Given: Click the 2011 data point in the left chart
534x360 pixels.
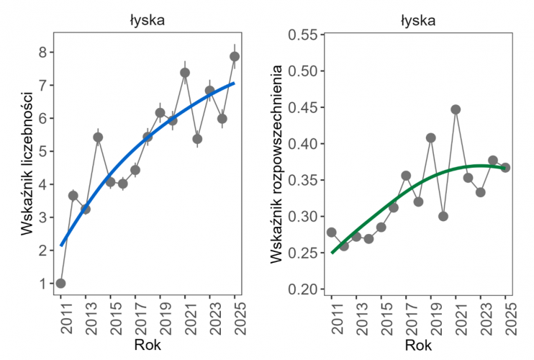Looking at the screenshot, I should [60, 283].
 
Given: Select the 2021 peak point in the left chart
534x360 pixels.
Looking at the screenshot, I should [185, 72].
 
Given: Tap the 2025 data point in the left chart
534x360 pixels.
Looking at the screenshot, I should [235, 57].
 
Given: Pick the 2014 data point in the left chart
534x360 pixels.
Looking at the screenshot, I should [98, 137].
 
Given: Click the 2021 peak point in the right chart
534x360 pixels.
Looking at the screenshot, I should [456, 109].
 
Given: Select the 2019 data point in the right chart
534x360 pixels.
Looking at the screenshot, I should [430, 138].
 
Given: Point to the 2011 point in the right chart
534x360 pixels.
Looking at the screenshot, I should [331, 232].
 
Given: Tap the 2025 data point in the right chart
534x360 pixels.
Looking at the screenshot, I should [505, 167].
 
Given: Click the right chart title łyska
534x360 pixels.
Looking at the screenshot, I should [418, 20].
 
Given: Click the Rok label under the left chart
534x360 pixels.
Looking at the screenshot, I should [148, 346].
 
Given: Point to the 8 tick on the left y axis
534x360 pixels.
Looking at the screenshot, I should [43, 52].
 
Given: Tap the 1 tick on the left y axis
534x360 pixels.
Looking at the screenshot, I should [43, 283].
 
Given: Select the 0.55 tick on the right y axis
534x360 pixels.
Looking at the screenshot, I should [303, 34].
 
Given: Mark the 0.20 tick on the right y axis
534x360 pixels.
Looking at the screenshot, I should [303, 289].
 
